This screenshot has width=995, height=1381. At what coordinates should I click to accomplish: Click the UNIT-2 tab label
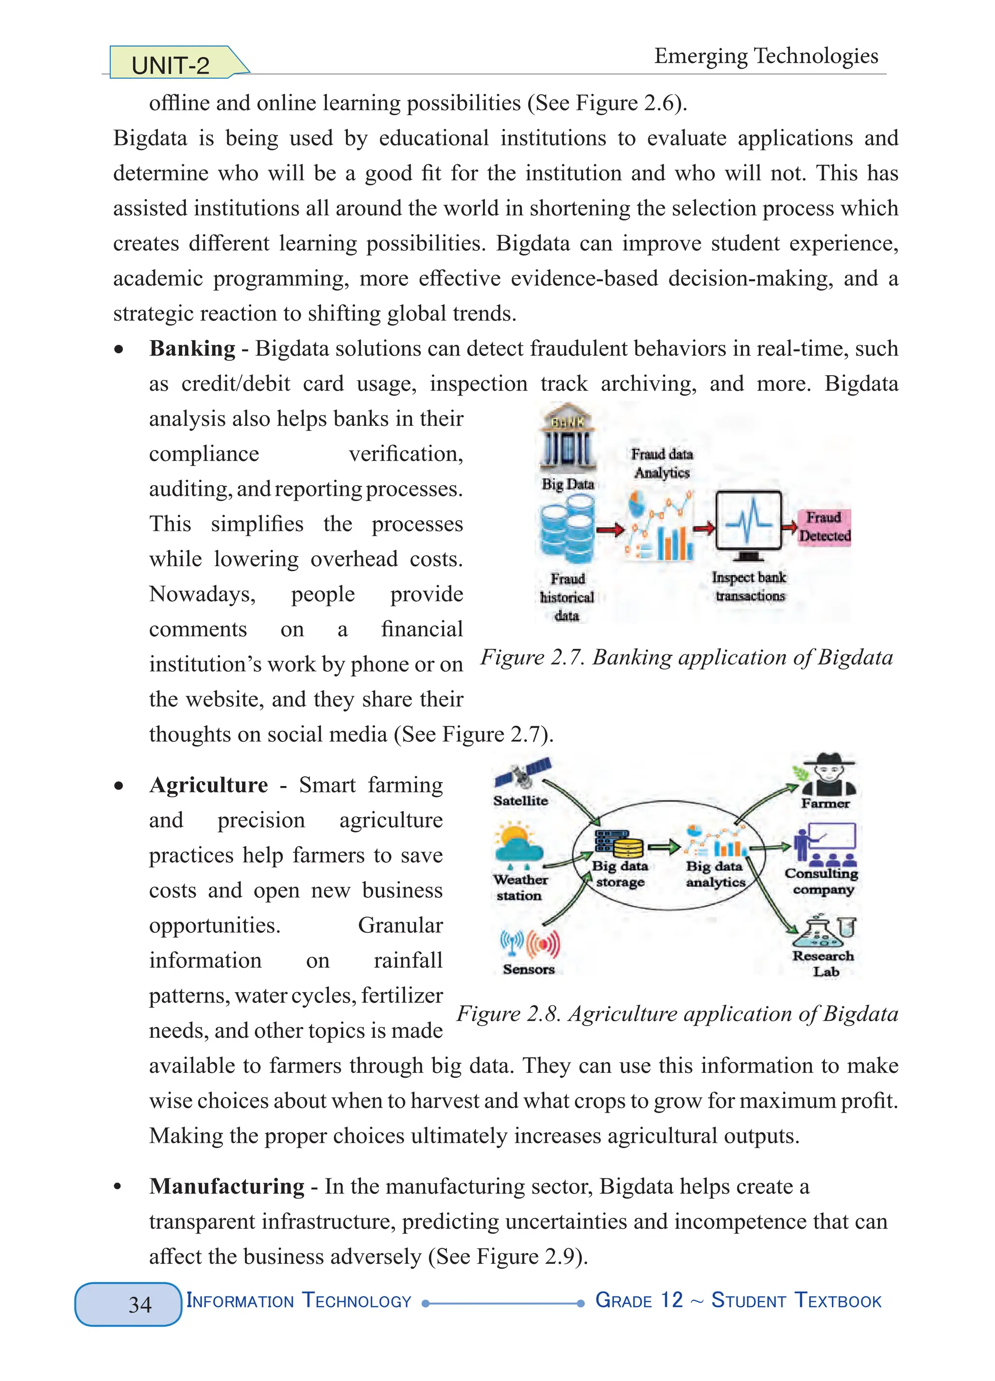click(171, 65)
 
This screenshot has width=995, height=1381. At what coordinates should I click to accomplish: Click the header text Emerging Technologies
click(766, 55)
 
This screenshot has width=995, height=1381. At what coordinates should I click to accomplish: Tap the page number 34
click(140, 1304)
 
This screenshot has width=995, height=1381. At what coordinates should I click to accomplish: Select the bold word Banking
click(192, 349)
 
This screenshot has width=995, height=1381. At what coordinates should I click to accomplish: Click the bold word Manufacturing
click(226, 1186)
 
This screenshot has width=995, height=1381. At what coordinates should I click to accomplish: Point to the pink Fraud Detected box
click(824, 527)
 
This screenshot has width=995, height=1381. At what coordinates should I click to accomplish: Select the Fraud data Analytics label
click(662, 463)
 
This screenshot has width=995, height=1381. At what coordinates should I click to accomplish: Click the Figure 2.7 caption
click(686, 658)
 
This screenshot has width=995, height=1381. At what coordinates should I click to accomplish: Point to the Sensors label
click(528, 969)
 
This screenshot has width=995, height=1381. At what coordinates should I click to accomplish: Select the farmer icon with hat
click(828, 775)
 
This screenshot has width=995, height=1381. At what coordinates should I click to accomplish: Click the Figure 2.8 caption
click(677, 1014)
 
